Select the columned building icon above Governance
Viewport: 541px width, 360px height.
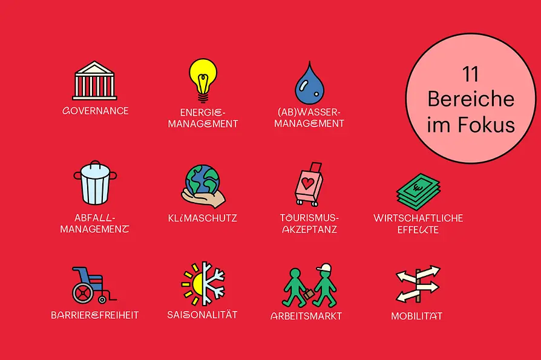point(94,80)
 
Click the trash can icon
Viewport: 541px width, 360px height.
point(95,183)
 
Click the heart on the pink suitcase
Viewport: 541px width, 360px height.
point(307,183)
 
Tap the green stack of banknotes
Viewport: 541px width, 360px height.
point(418,192)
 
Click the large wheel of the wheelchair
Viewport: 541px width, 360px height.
point(83,293)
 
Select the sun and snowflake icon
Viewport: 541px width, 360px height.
point(203,284)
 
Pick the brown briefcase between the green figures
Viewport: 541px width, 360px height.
point(309,294)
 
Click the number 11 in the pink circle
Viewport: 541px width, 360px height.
point(470,74)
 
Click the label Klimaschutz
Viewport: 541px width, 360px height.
point(203,218)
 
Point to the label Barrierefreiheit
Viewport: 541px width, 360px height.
point(94,315)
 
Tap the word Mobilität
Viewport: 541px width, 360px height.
point(416,316)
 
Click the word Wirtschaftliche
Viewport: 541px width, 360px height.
point(418,218)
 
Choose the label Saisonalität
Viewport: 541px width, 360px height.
point(202,315)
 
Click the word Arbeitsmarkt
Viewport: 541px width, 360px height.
point(306,316)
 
